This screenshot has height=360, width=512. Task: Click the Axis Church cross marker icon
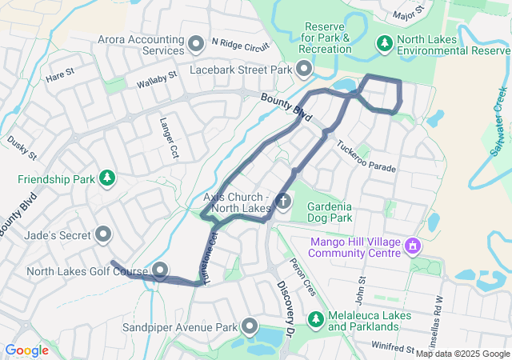[x=283, y=201]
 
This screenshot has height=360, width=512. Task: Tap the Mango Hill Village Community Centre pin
[x=413, y=244]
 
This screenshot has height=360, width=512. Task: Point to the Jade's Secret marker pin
[x=103, y=234]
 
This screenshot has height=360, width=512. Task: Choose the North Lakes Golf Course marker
[x=160, y=270]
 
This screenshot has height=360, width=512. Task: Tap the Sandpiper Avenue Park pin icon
[x=250, y=326]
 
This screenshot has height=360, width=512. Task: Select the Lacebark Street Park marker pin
[x=304, y=70]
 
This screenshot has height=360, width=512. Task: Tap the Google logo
[x=26, y=350]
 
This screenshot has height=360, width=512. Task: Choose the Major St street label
[x=409, y=14]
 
